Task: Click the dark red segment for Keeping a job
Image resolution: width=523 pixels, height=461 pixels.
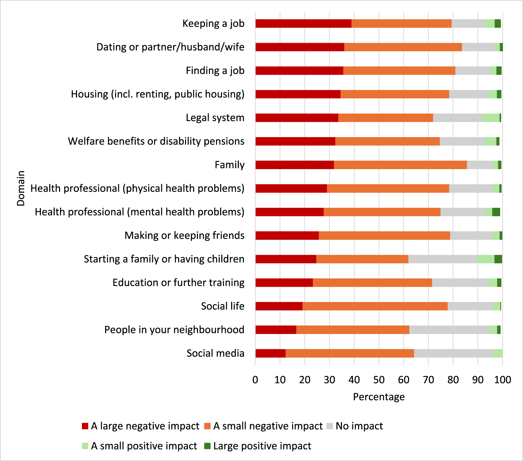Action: point(303,24)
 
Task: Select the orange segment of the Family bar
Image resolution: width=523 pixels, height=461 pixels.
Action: point(400,165)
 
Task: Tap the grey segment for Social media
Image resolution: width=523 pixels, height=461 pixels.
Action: point(453,353)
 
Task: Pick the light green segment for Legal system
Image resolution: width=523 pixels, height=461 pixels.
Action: point(491,118)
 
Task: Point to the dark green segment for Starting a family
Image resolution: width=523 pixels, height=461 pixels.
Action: point(498,259)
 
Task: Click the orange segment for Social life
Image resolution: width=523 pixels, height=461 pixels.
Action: point(375,306)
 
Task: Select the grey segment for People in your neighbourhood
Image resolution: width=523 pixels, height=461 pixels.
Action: point(449,330)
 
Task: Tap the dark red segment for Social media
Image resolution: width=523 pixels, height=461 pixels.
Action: point(270,353)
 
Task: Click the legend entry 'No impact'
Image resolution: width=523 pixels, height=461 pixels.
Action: point(359,426)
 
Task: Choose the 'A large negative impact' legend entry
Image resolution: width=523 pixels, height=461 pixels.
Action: point(145,426)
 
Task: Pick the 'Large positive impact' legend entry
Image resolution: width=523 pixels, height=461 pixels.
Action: point(262,446)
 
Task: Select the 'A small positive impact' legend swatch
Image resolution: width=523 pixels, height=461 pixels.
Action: point(85,446)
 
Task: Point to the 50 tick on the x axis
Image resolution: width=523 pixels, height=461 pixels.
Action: point(379,380)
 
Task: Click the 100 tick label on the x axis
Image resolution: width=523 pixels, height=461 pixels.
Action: point(502,380)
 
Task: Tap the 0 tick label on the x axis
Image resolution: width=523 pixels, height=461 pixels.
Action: point(255,380)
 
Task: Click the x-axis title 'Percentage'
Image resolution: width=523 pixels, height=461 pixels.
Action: point(379,397)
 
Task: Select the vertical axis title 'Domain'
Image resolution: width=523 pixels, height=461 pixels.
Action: point(21,188)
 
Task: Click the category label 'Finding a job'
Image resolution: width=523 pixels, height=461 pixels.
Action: point(215,71)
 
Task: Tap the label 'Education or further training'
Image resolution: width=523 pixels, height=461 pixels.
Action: point(178,282)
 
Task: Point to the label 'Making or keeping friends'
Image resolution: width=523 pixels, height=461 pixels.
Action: point(184,235)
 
